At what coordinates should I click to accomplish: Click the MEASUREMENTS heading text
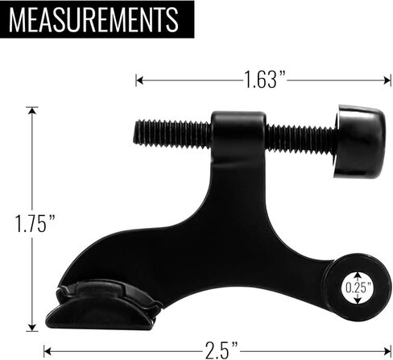point(94,19)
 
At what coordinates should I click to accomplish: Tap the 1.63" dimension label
point(266,80)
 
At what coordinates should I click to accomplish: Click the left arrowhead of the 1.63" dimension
point(139,80)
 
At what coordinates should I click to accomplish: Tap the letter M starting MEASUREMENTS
point(23,19)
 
